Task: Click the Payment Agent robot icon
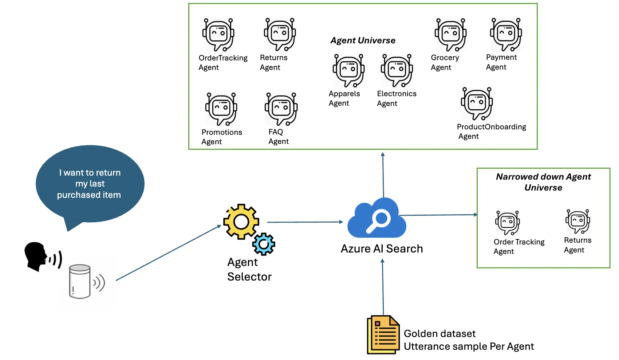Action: [506, 34]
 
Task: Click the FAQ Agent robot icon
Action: [281, 109]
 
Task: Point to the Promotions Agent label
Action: [221, 137]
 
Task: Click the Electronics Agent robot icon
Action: [397, 70]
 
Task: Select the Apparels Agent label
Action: [344, 98]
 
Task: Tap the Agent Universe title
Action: [363, 40]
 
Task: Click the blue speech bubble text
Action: [90, 184]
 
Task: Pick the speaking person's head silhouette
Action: [36, 255]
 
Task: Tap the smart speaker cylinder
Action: [80, 282]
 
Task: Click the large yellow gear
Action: [241, 222]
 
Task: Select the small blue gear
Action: [264, 244]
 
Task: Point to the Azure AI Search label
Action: [382, 249]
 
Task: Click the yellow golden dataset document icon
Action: [383, 335]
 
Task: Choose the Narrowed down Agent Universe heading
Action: [543, 182]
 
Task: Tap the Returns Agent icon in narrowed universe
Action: [577, 221]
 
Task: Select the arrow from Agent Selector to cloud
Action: [305, 222]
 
